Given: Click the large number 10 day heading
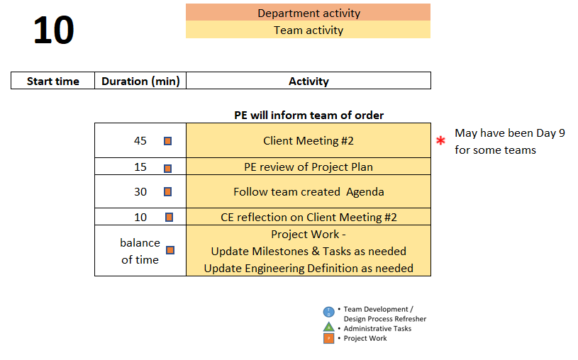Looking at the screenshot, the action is click(54, 30).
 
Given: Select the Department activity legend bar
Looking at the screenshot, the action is click(308, 12).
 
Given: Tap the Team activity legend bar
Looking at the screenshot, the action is click(308, 30).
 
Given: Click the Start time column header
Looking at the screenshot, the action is click(52, 81).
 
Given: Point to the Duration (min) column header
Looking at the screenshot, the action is click(140, 81).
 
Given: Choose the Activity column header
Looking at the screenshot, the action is click(309, 81).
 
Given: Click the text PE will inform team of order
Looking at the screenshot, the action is click(309, 116).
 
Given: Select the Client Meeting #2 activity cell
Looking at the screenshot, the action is click(309, 140).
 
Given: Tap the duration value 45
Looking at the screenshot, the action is click(140, 141).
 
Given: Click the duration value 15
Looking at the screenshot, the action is click(140, 167).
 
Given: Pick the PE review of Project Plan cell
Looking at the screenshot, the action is click(309, 167).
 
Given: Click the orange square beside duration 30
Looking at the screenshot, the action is click(167, 191).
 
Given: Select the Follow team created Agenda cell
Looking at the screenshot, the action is click(309, 191).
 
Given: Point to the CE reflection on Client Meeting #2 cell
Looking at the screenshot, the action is click(309, 217).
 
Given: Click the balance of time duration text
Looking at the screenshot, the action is click(140, 251).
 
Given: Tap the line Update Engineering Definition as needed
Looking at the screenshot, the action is click(309, 269).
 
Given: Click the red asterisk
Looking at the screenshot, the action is click(440, 140).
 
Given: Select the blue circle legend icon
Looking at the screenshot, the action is click(329, 312).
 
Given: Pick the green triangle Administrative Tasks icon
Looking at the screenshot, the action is click(328, 327).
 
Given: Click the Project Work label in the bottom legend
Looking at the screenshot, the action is click(365, 338).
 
